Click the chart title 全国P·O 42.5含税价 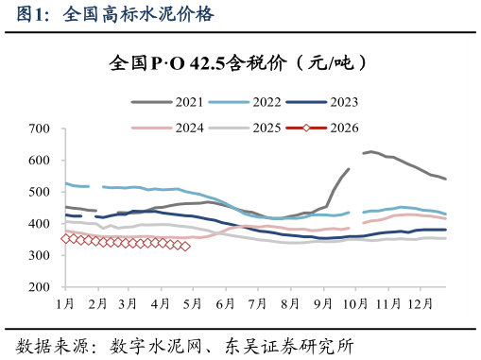coord(237,63)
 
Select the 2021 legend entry coord(174,101)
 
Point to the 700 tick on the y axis coord(40,129)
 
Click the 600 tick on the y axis coord(40,161)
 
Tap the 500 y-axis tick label coord(40,192)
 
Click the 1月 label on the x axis coord(65,303)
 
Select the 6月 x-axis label coord(225,303)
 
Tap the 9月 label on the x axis coord(321,303)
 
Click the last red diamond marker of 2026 coord(185,246)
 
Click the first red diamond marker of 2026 coord(65,239)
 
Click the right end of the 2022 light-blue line coord(446,214)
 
